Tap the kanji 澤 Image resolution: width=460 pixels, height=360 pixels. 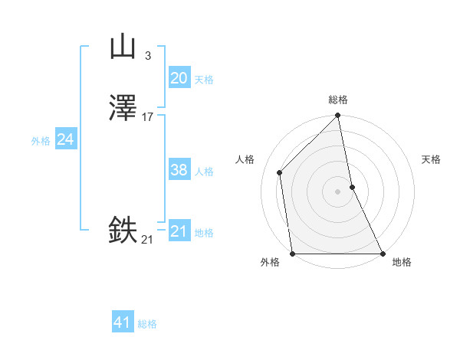pos(123,109)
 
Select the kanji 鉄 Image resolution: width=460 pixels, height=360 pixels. pos(123,231)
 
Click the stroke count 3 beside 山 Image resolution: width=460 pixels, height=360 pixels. pos(147,56)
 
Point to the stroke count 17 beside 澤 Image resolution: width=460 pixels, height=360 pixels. pos(148,117)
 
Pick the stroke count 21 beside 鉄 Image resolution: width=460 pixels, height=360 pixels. pos(147,240)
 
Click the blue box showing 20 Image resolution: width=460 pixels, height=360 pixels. pos(179,78)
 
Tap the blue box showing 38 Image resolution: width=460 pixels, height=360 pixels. pos(179,170)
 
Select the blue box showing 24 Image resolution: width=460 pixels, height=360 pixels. pos(66,139)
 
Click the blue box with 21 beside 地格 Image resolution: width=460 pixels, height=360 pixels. pos(179,231)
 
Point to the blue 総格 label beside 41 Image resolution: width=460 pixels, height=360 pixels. pos(147,325)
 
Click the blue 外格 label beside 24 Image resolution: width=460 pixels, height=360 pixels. pos(41,141)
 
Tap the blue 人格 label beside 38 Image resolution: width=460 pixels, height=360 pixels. pos(205,172)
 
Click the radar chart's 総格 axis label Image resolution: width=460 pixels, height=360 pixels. pos(338,100)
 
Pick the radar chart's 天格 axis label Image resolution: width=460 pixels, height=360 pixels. pos(432,159)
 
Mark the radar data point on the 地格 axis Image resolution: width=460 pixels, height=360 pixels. pos(382,254)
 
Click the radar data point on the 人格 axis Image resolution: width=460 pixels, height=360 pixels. pos(280,172)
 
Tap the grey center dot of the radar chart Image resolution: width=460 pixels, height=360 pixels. pos(338,191)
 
